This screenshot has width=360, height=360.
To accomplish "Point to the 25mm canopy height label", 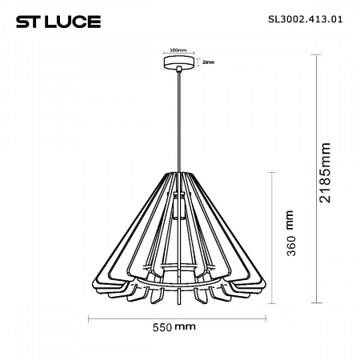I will coord(208,62).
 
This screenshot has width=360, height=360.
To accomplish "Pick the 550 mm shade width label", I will coord(174,328).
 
